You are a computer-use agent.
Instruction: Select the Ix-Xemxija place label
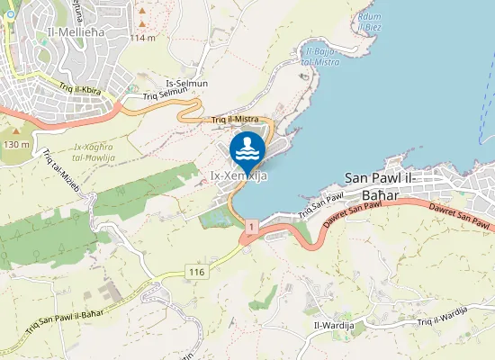click(238, 176)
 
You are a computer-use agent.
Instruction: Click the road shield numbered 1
click(251, 225)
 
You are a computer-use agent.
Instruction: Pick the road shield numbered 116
click(198, 271)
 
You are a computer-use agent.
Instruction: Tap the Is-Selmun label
click(186, 83)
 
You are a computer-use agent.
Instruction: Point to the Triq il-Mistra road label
click(235, 119)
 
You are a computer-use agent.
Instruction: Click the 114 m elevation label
click(142, 39)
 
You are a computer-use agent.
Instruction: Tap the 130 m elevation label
click(16, 144)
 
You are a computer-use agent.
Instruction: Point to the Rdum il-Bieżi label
click(369, 21)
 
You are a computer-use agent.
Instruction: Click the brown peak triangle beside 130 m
click(16, 131)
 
